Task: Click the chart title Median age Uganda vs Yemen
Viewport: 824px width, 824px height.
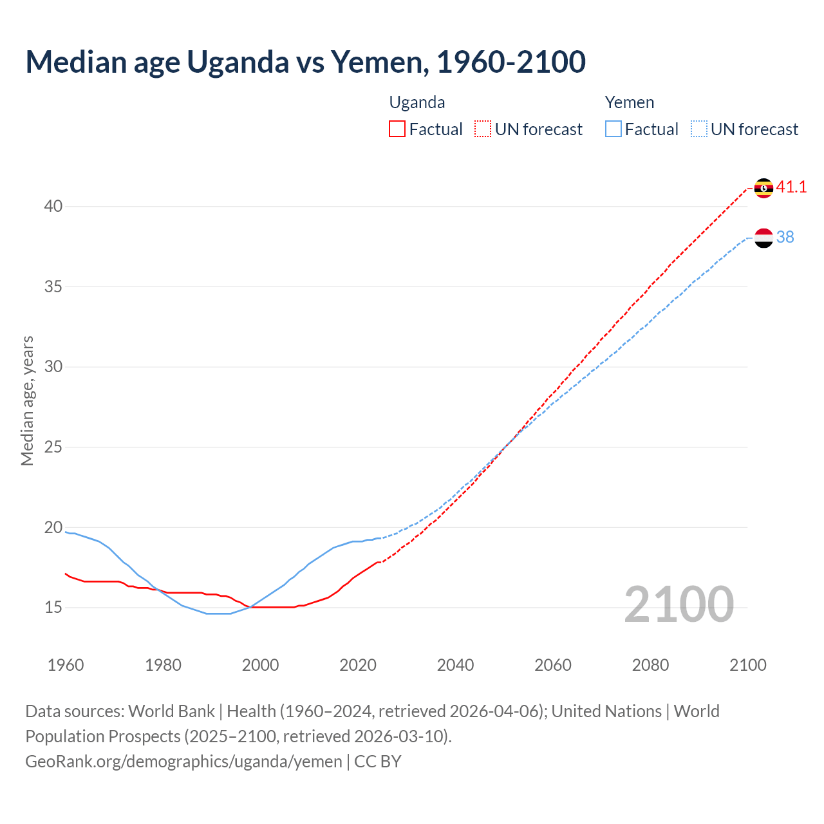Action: click(305, 62)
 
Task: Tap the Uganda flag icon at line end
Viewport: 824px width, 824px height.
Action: click(763, 188)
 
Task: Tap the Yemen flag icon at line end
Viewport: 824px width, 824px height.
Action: click(763, 238)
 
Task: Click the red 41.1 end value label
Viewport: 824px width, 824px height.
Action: click(791, 187)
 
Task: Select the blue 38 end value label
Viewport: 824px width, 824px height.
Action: click(785, 238)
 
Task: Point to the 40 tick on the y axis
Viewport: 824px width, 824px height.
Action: click(53, 207)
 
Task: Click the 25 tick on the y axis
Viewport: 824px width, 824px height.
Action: click(53, 447)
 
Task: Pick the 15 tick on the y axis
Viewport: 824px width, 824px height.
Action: click(53, 607)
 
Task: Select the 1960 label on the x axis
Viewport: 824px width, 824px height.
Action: click(66, 665)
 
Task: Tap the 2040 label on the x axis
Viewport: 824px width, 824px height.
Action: click(455, 665)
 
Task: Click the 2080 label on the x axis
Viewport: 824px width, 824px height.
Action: click(650, 665)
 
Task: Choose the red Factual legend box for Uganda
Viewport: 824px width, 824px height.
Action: click(397, 129)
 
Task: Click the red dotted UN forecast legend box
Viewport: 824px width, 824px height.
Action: click(483, 129)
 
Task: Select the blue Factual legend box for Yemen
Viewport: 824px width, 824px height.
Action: click(613, 129)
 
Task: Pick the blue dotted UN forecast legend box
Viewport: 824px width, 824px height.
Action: click(699, 129)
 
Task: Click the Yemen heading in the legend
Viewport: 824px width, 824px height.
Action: click(629, 103)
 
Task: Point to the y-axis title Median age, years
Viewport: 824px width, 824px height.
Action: click(27, 400)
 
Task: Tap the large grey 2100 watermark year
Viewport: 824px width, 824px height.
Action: click(679, 604)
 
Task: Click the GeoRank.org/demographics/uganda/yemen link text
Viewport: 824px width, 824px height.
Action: click(183, 762)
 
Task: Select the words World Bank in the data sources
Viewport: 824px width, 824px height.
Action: click(171, 711)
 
